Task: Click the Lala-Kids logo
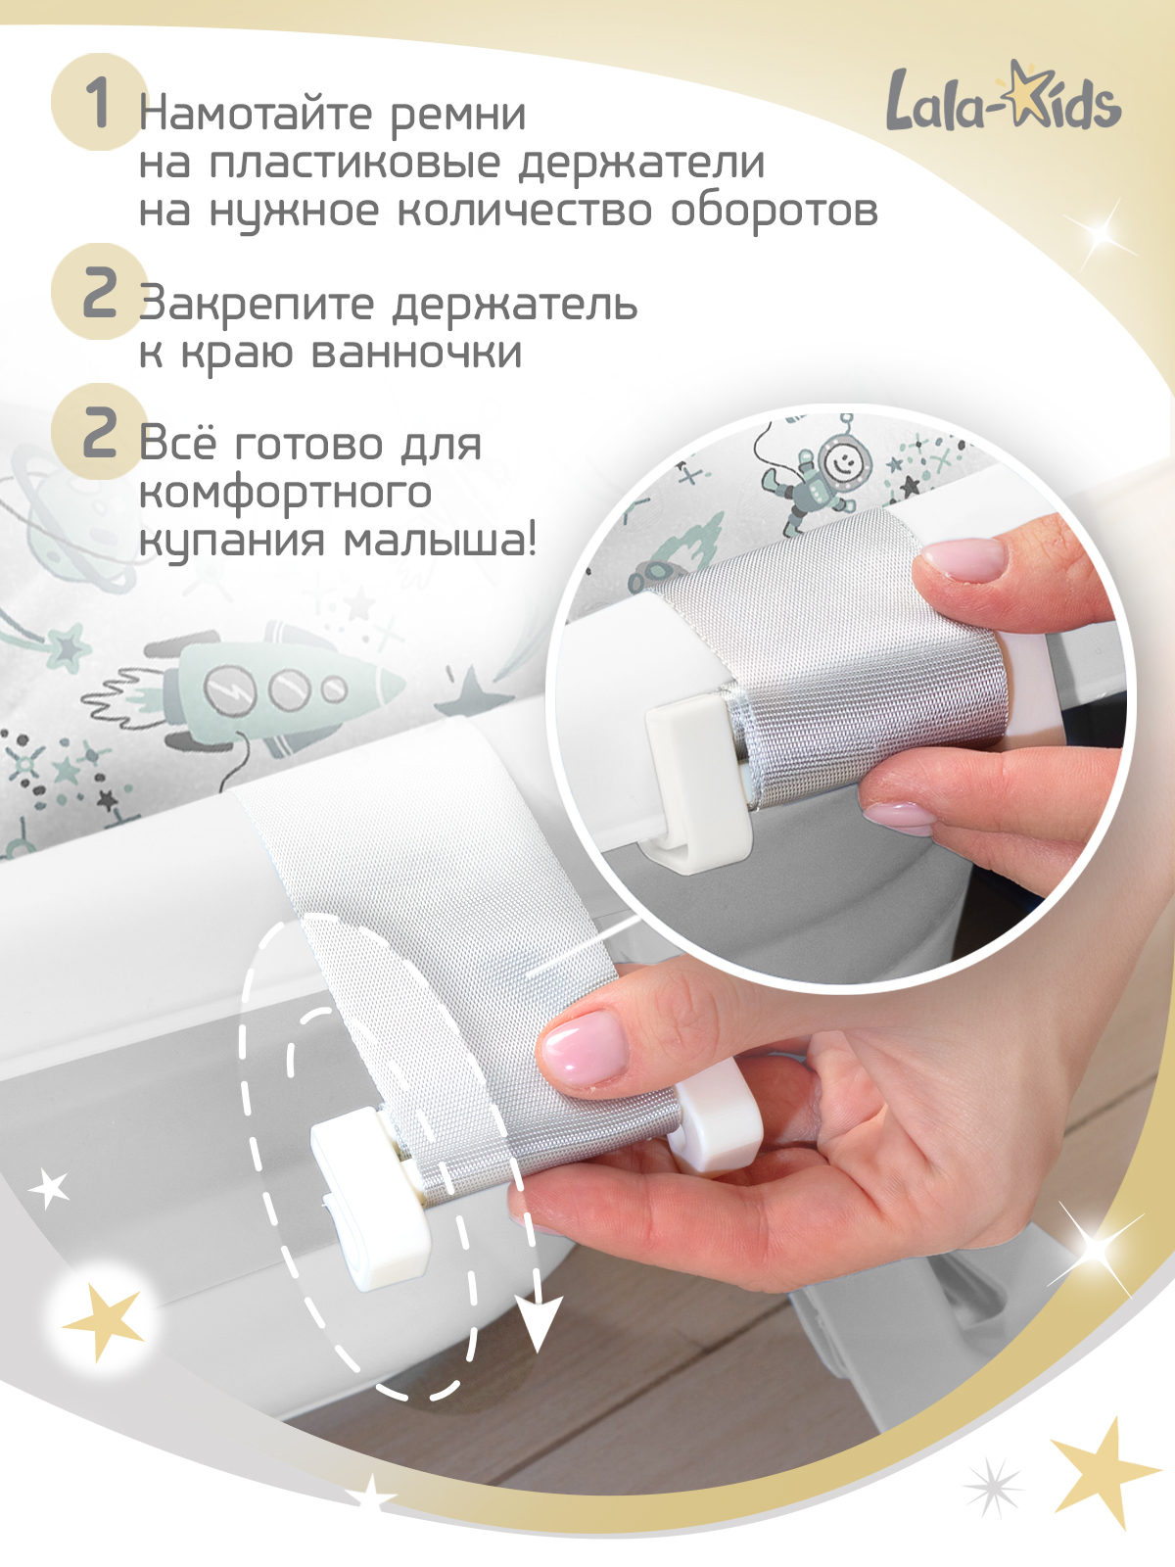[1003, 98]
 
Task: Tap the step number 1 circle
[98, 102]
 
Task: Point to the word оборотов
[774, 210]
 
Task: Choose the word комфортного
[285, 493]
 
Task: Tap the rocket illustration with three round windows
[284, 686]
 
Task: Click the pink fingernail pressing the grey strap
[585, 1048]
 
